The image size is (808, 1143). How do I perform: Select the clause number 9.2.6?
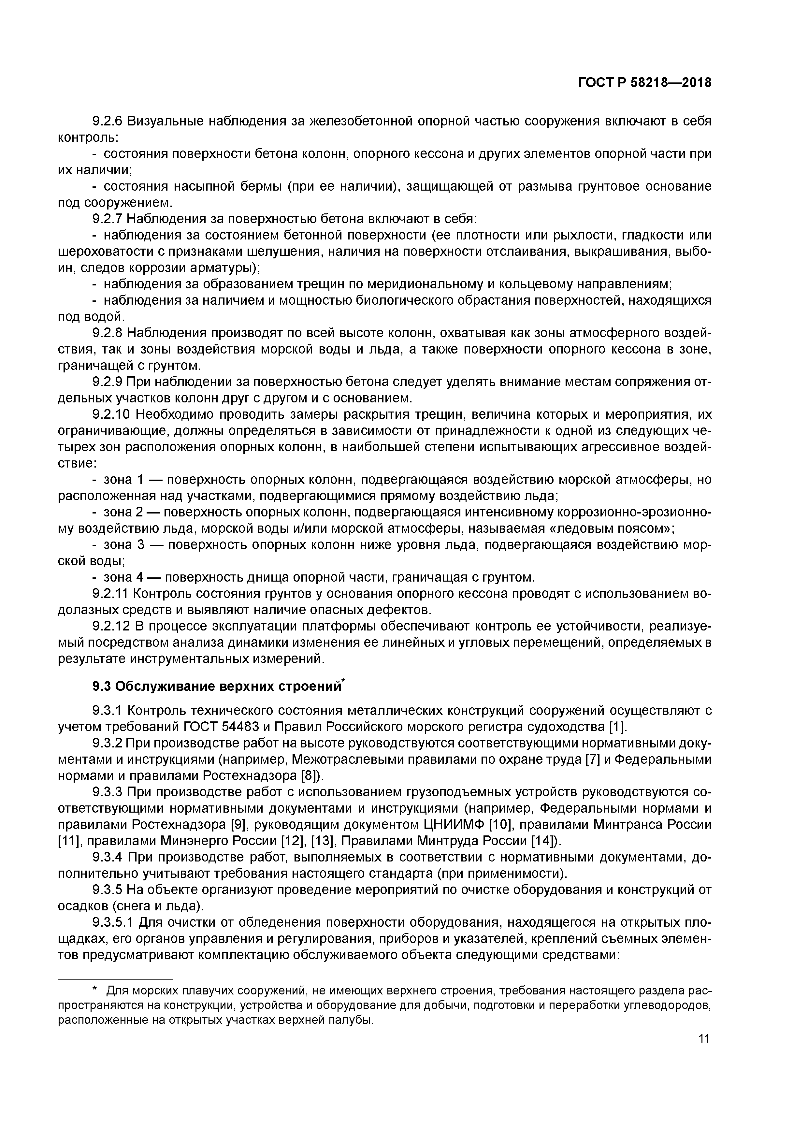tap(108, 121)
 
